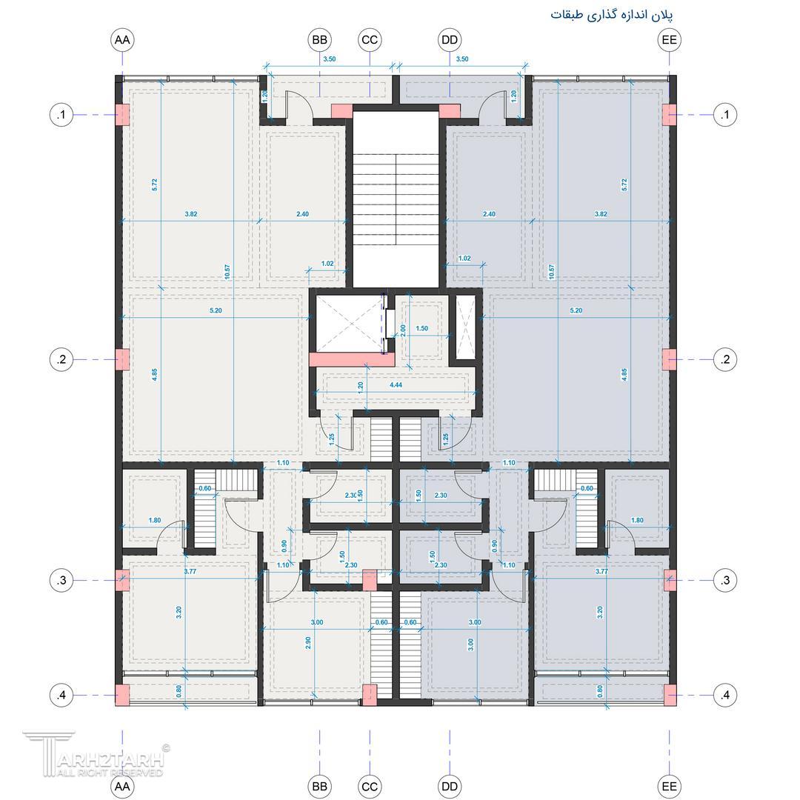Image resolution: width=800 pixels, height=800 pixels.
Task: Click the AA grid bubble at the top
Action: tap(122, 40)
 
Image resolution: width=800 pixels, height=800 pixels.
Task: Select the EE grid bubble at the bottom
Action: tap(670, 786)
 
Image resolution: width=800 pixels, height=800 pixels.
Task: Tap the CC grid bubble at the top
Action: tap(370, 40)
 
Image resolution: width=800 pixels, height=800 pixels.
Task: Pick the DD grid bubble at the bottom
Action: tap(450, 786)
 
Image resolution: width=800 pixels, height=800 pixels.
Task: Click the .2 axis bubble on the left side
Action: tap(61, 360)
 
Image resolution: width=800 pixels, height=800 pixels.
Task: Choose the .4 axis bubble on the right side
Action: tap(725, 695)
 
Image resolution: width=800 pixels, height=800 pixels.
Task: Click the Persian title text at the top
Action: tap(612, 14)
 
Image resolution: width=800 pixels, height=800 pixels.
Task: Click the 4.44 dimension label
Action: tap(396, 385)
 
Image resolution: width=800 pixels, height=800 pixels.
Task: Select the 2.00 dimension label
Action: tap(403, 330)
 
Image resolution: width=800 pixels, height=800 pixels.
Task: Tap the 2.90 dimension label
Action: tap(308, 643)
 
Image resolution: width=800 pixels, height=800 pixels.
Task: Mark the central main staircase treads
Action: tap(396, 200)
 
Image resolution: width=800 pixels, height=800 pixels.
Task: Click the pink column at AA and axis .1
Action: tap(122, 115)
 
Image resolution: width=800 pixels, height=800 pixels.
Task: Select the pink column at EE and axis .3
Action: tap(670, 581)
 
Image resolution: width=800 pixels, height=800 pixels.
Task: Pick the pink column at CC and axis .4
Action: tap(370, 695)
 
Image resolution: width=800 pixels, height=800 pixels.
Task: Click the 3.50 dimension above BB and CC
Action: tap(330, 59)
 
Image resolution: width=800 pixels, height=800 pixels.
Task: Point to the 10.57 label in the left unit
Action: tap(227, 271)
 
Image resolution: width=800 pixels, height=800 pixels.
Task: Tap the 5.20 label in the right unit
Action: tap(576, 310)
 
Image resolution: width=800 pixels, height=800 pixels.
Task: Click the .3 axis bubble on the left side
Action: tap(61, 581)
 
